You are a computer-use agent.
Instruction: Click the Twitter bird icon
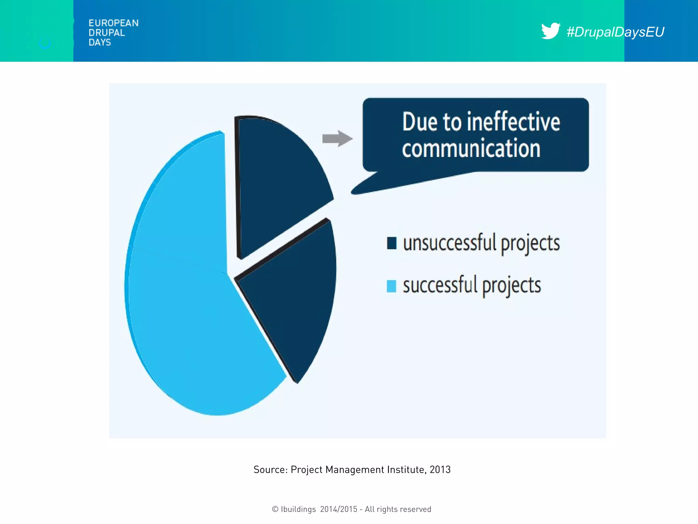pyautogui.click(x=550, y=31)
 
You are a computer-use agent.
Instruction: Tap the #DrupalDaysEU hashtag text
pyautogui.click(x=615, y=32)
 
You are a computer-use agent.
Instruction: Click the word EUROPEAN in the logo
pyautogui.click(x=113, y=23)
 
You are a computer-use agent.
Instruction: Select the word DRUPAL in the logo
pyautogui.click(x=107, y=33)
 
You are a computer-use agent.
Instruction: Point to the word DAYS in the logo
pyautogui.click(x=100, y=42)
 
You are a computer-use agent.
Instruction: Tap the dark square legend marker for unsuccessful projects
pyautogui.click(x=392, y=243)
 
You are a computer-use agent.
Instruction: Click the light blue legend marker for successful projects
pyautogui.click(x=391, y=286)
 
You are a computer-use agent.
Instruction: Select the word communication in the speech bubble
pyautogui.click(x=471, y=149)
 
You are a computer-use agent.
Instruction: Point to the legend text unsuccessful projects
pyautogui.click(x=481, y=243)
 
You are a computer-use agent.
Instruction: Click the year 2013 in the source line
pyautogui.click(x=440, y=470)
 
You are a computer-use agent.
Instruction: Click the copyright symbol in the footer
pyautogui.click(x=275, y=509)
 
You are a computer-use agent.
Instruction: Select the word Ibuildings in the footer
pyautogui.click(x=298, y=509)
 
